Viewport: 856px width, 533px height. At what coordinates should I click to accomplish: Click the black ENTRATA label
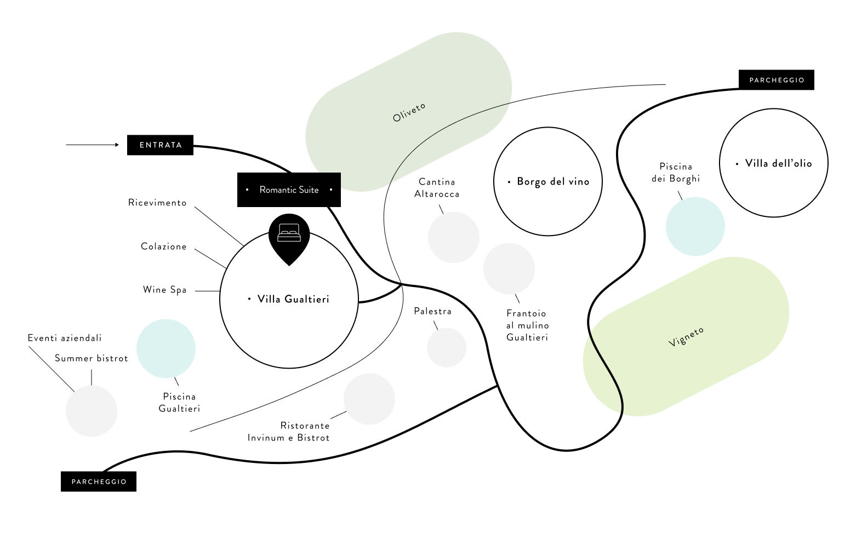(x=160, y=145)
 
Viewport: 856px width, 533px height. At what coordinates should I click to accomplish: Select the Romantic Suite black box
(x=289, y=190)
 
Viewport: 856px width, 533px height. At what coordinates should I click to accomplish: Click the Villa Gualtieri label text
(x=293, y=299)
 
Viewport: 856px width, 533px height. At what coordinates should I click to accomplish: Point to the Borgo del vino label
(x=553, y=182)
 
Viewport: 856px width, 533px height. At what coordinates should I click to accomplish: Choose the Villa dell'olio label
(x=778, y=163)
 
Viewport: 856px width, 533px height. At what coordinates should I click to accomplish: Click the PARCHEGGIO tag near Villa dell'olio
(x=776, y=80)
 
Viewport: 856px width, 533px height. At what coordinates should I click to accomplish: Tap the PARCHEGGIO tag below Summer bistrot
(x=99, y=482)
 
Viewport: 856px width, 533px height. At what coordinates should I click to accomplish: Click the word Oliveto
(x=409, y=112)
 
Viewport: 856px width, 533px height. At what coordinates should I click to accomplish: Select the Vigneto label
(x=686, y=337)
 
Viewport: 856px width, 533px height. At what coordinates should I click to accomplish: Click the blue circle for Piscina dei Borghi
(x=695, y=226)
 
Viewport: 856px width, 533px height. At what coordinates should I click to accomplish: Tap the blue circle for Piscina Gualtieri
(x=166, y=348)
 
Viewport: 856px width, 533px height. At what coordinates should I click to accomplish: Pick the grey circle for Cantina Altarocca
(x=453, y=237)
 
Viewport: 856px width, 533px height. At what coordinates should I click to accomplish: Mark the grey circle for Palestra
(x=446, y=347)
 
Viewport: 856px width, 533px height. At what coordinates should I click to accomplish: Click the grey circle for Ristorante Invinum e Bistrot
(x=369, y=399)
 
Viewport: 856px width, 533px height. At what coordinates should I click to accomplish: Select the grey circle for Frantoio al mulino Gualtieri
(x=509, y=268)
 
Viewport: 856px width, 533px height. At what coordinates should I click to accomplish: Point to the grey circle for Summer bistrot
(x=92, y=411)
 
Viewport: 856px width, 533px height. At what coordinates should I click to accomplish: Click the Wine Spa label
(x=164, y=290)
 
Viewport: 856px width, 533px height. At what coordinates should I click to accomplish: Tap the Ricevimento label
(x=157, y=203)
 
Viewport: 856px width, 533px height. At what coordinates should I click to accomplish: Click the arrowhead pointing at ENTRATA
(x=116, y=145)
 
